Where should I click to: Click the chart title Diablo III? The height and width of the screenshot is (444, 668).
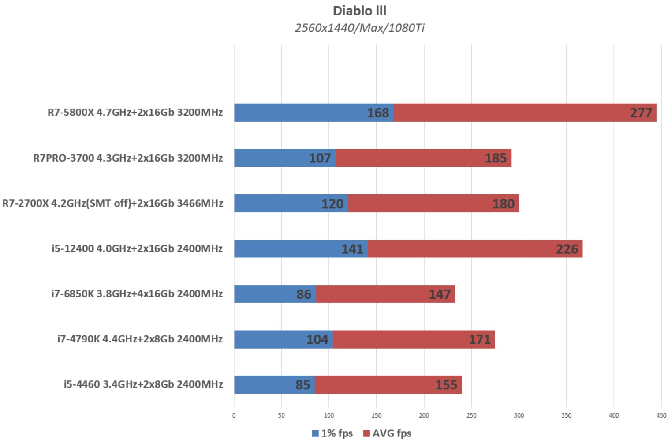(359, 11)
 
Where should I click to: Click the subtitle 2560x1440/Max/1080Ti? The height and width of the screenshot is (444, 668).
(359, 28)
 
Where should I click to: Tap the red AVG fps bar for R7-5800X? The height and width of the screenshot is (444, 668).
(507, 113)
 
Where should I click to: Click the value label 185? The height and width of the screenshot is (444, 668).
(496, 158)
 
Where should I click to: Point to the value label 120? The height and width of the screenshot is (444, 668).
(332, 203)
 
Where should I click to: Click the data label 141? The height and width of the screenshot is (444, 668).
(352, 249)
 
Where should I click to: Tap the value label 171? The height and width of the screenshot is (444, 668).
(479, 339)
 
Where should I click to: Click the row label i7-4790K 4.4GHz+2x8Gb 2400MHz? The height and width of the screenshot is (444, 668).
(140, 339)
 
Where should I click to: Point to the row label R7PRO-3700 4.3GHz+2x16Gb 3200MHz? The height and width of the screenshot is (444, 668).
(128, 158)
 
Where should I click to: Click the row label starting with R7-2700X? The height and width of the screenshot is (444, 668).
(112, 203)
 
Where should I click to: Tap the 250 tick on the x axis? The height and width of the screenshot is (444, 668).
(471, 415)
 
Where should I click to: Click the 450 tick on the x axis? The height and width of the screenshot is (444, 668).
(661, 415)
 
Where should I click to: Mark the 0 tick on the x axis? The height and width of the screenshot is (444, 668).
(234, 415)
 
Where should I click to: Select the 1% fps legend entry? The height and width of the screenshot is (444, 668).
(332, 433)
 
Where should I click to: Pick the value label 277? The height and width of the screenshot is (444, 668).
(641, 113)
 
